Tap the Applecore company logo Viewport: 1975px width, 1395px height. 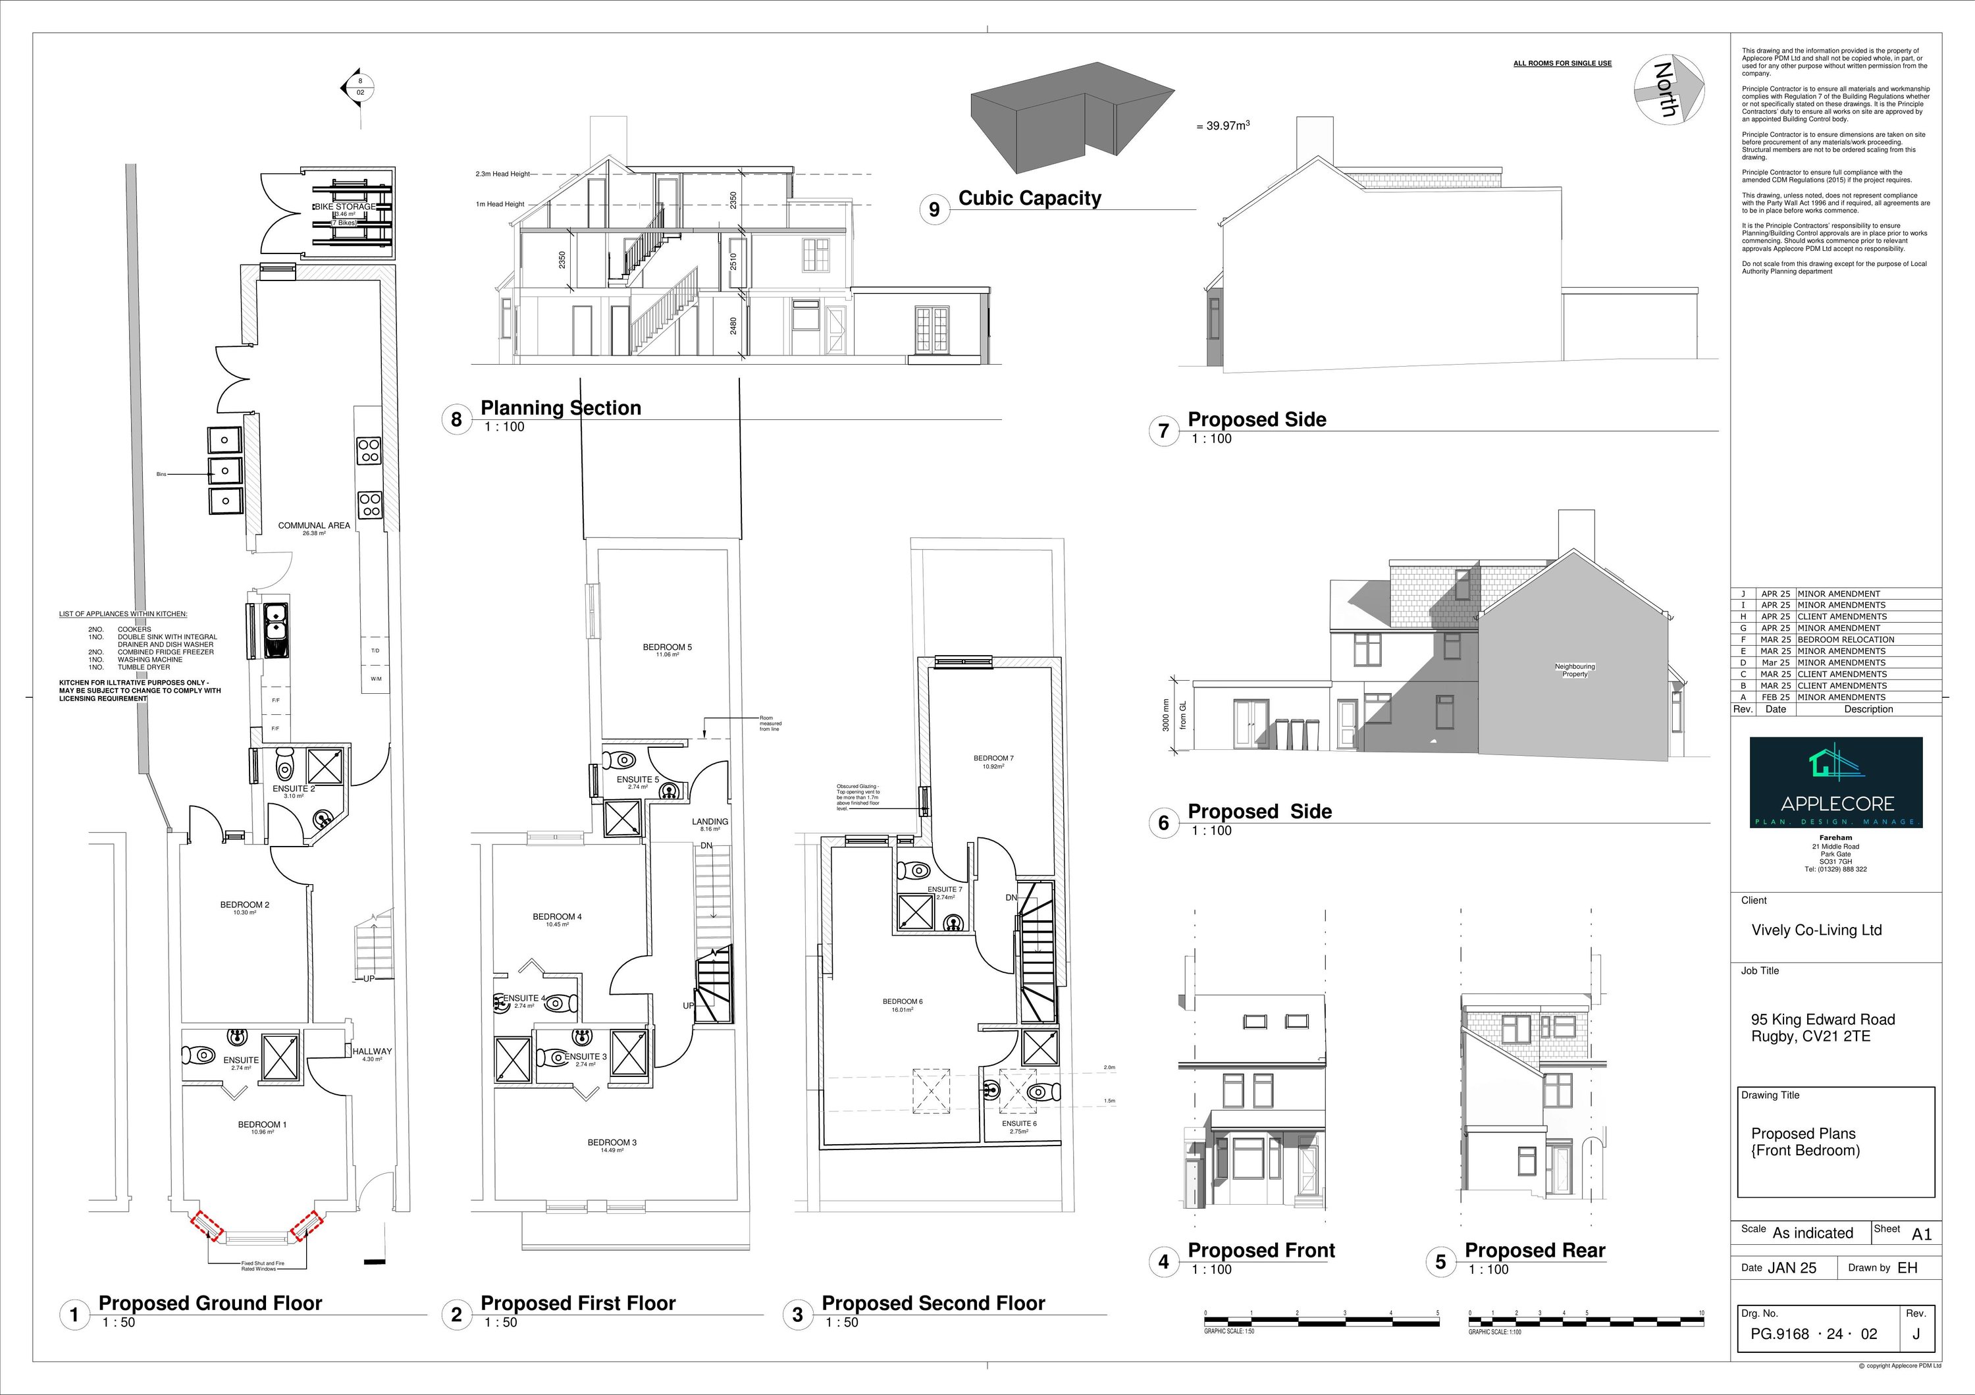click(1835, 782)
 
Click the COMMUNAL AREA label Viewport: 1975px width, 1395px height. click(313, 525)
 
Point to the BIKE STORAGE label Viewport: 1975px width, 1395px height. click(344, 207)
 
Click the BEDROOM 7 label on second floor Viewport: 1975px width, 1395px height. click(993, 758)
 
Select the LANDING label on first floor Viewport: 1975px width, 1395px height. click(710, 822)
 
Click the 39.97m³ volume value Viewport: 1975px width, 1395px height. click(1221, 126)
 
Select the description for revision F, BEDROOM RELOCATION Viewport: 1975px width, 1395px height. click(1845, 640)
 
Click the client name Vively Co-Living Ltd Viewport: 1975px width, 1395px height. click(1816, 930)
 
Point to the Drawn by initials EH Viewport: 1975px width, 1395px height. click(1907, 1268)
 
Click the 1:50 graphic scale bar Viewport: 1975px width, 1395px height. click(1321, 1319)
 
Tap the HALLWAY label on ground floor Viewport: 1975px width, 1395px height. click(371, 1051)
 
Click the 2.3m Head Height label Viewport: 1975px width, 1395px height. click(502, 174)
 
